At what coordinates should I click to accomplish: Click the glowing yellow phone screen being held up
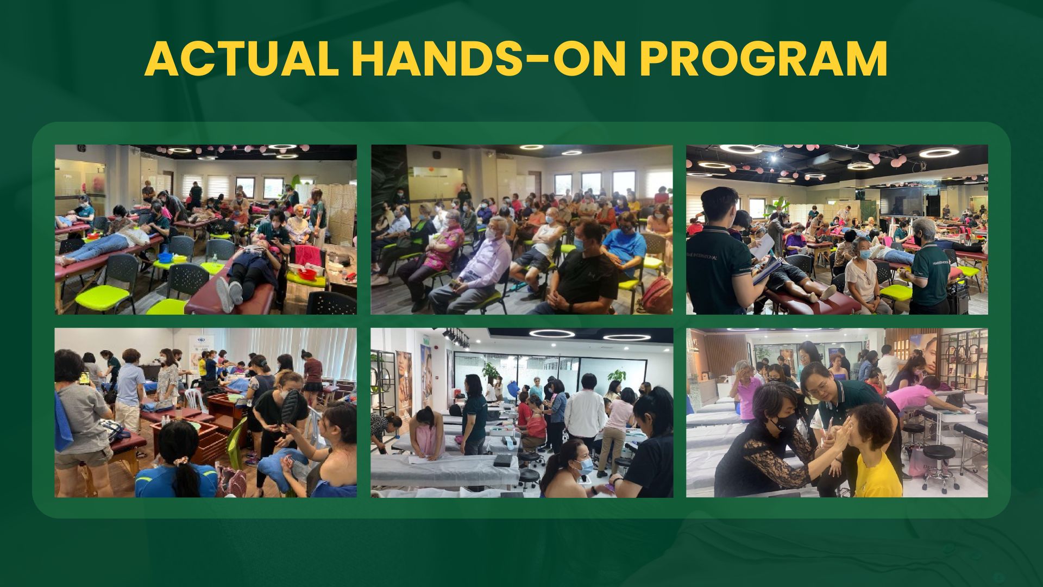click(83, 376)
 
